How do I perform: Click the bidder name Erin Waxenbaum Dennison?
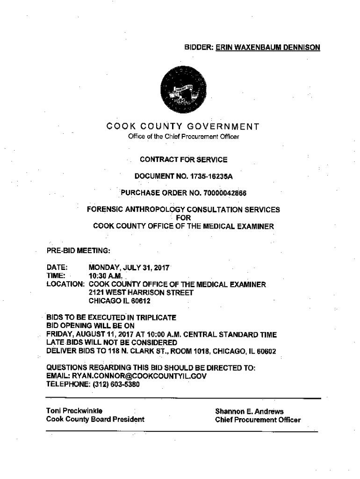click(268, 47)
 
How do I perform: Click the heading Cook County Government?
click(183, 126)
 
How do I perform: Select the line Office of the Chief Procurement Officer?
click(183, 137)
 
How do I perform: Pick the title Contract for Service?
click(183, 160)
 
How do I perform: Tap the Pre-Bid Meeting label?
click(78, 251)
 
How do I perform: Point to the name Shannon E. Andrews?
click(249, 411)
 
